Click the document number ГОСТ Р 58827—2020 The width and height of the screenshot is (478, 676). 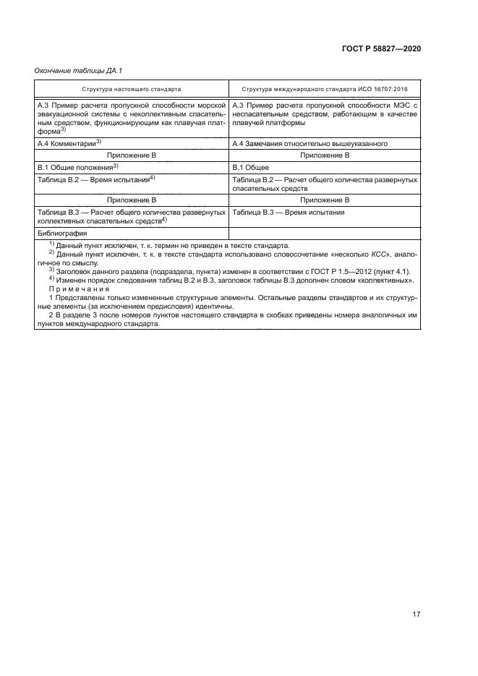(x=381, y=48)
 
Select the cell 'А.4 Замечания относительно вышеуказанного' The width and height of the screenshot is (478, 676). (x=312, y=144)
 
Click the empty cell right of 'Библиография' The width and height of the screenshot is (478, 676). (x=324, y=234)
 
